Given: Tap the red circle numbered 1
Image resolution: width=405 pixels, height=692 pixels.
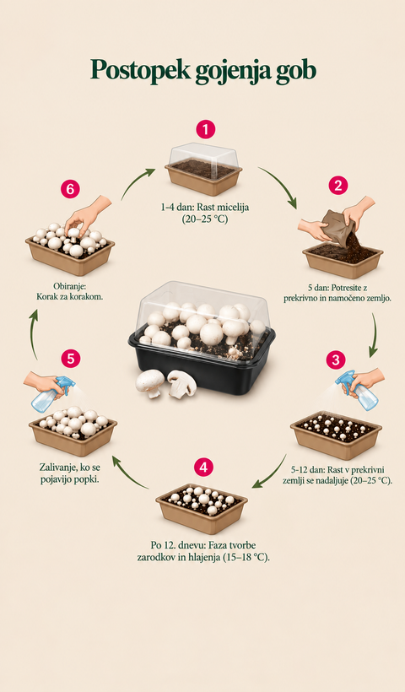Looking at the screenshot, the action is (x=205, y=130).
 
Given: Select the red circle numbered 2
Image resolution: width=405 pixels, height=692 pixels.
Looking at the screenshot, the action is (x=338, y=186).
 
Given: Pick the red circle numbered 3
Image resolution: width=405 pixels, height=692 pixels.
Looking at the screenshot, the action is (x=336, y=360).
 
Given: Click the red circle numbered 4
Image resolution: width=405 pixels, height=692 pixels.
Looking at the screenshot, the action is (x=203, y=468).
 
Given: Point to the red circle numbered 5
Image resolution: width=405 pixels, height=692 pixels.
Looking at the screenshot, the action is (x=71, y=359).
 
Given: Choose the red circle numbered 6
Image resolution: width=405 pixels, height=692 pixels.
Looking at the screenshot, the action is (x=70, y=189).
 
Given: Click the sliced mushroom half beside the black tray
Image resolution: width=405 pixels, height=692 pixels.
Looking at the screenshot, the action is (x=181, y=382).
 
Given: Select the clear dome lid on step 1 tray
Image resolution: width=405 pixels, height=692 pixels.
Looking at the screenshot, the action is (x=204, y=155).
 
